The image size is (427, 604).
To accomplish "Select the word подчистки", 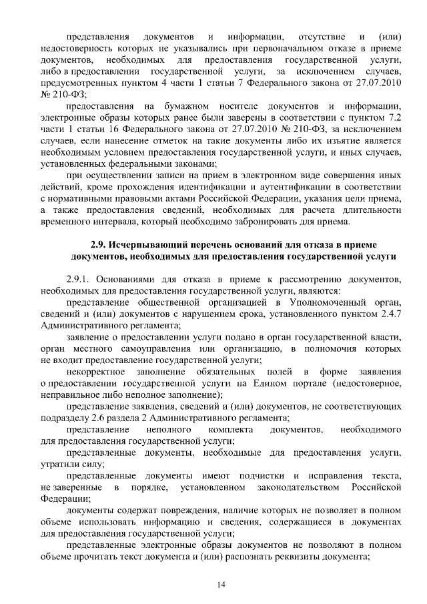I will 263,475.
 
